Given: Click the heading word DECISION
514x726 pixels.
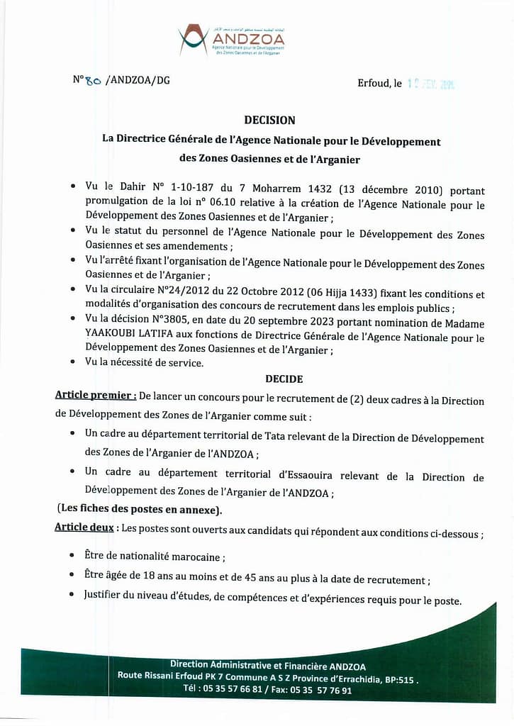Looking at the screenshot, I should point(269,121).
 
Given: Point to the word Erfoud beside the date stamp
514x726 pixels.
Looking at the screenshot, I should point(374,84).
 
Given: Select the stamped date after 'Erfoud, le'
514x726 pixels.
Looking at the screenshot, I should point(430,84).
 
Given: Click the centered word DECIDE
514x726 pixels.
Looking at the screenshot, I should point(284,380).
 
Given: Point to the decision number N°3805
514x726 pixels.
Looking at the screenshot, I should point(183,324).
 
